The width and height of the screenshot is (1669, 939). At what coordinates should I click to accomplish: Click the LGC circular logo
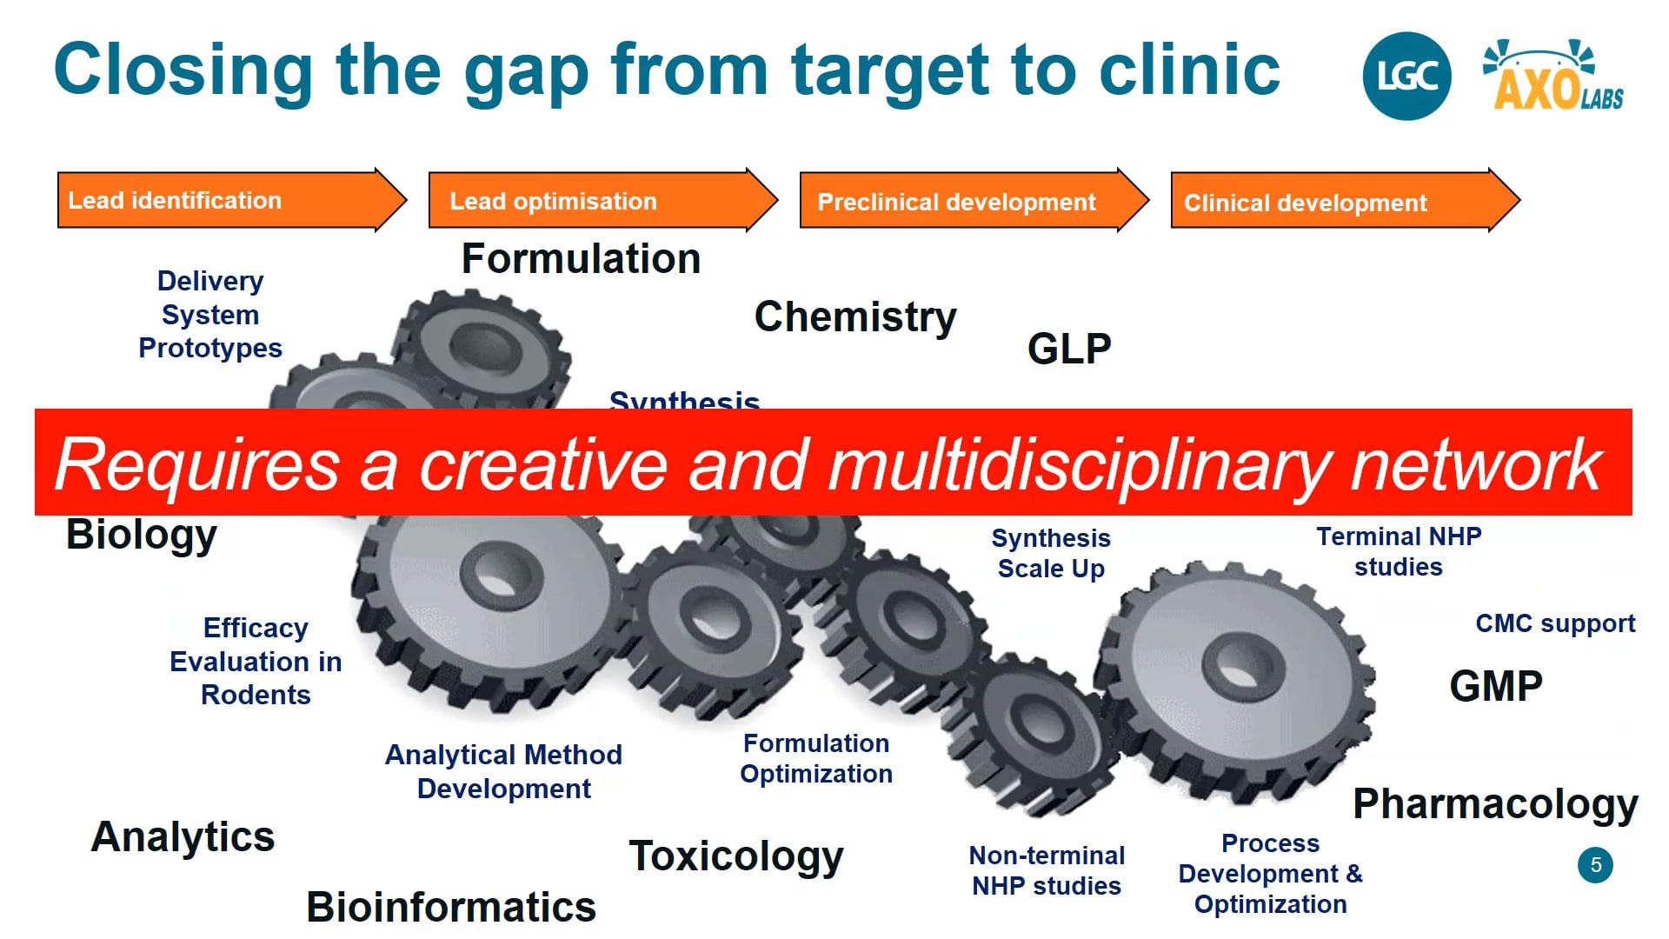(x=1406, y=77)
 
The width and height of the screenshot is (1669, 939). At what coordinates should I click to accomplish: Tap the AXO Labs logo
(x=1554, y=78)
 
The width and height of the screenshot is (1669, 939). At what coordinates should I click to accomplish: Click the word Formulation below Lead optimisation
(x=581, y=259)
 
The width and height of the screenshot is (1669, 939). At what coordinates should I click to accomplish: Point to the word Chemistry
(x=855, y=317)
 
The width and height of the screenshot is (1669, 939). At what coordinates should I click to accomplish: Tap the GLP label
(x=1069, y=350)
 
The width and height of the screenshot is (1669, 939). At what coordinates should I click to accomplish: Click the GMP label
(x=1496, y=687)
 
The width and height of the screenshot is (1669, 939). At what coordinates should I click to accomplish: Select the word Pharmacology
(x=1495, y=805)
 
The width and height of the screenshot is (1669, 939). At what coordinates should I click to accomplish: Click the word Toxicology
(x=736, y=857)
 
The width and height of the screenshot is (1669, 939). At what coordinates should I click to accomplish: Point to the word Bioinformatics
(x=451, y=908)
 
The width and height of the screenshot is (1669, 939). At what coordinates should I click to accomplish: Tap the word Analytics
(x=183, y=837)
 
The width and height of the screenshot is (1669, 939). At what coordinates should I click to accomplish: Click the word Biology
(x=142, y=535)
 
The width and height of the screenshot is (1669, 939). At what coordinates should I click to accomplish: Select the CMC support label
(x=1555, y=624)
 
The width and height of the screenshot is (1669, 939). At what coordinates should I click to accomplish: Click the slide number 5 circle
(x=1595, y=865)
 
